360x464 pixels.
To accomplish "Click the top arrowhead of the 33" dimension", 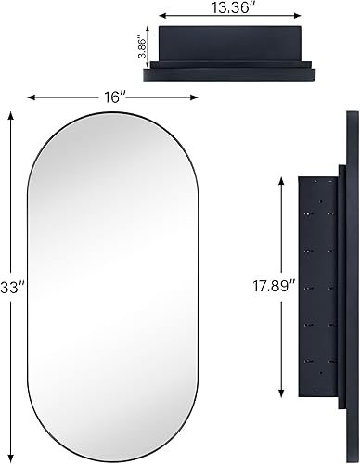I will (11, 114).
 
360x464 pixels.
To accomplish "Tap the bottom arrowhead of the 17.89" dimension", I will (281, 392).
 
